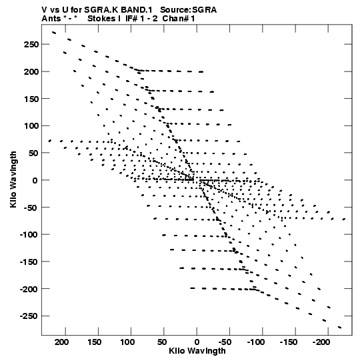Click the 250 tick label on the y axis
(31, 45)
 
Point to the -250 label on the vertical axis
(29, 316)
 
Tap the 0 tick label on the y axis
(35, 180)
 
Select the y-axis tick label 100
(31, 126)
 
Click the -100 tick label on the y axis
(29, 235)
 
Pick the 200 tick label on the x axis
(61, 342)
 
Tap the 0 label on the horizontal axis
(197, 342)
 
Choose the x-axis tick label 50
(162, 342)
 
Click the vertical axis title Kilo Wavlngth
(13, 179)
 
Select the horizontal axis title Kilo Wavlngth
(197, 351)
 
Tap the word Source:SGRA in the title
(188, 10)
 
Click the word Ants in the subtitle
(51, 19)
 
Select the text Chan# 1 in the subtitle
(179, 19)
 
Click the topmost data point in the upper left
(54, 33)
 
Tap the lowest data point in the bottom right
(339, 327)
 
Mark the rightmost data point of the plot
(344, 219)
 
